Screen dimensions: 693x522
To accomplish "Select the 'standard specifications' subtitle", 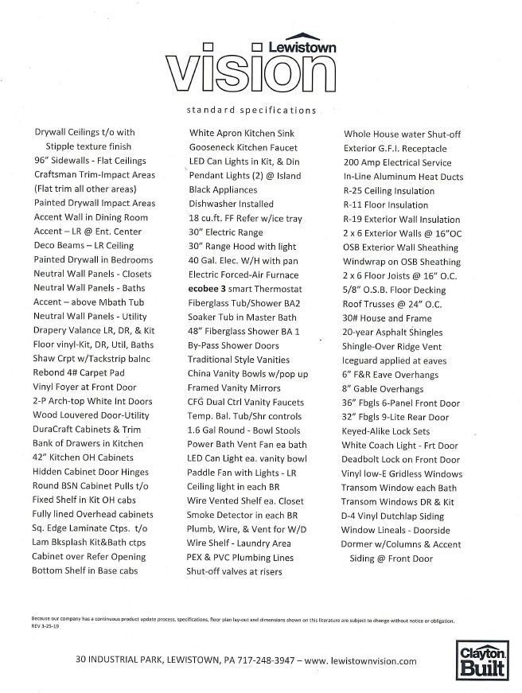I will (x=251, y=110).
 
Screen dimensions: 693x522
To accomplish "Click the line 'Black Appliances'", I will (x=222, y=190).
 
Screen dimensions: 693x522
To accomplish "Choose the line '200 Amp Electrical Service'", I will (x=396, y=162).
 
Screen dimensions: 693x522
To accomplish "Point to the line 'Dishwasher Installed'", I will (x=232, y=204).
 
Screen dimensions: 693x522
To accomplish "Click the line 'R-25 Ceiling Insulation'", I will (x=389, y=191).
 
